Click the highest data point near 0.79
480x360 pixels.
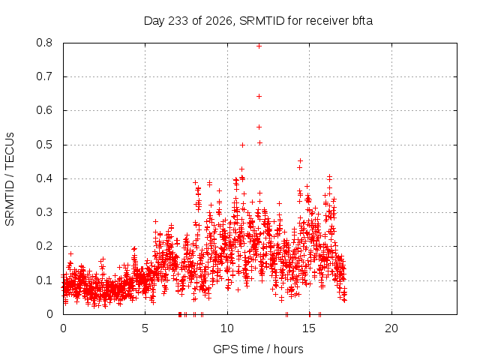259,46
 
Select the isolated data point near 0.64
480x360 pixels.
259,97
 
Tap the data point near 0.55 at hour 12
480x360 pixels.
259,127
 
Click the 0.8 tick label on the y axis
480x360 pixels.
44,43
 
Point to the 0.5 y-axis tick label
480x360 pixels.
44,145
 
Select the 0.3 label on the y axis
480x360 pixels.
44,212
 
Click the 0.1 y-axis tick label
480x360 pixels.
44,280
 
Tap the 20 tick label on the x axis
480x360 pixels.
391,328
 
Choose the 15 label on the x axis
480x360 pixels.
309,328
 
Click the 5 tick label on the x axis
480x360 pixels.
145,328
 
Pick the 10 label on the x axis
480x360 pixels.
227,328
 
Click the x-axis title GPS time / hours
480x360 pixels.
258,349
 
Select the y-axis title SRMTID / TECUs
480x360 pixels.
10,179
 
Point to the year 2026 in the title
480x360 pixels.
218,21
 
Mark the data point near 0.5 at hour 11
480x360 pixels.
242,145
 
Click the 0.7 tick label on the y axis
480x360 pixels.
44,76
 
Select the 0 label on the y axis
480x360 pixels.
49,314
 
